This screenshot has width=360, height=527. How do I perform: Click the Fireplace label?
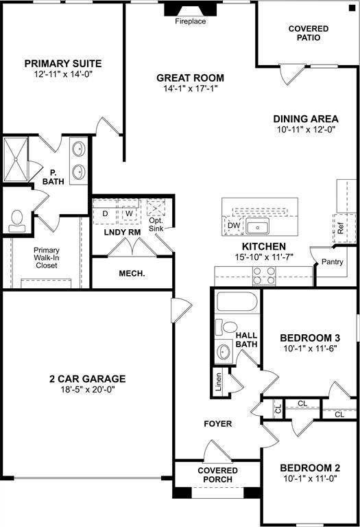191,21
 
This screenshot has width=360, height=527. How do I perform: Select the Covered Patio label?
309,33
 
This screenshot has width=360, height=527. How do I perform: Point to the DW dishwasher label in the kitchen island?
233,225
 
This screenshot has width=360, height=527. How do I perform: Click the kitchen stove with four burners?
265,276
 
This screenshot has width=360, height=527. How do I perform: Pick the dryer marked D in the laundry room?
106,213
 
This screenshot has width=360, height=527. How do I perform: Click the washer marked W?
128,213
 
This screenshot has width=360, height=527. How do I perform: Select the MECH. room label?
132,273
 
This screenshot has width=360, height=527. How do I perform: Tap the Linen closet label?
218,382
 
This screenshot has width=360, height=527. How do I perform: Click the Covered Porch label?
217,474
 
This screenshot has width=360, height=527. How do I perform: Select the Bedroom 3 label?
309,338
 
